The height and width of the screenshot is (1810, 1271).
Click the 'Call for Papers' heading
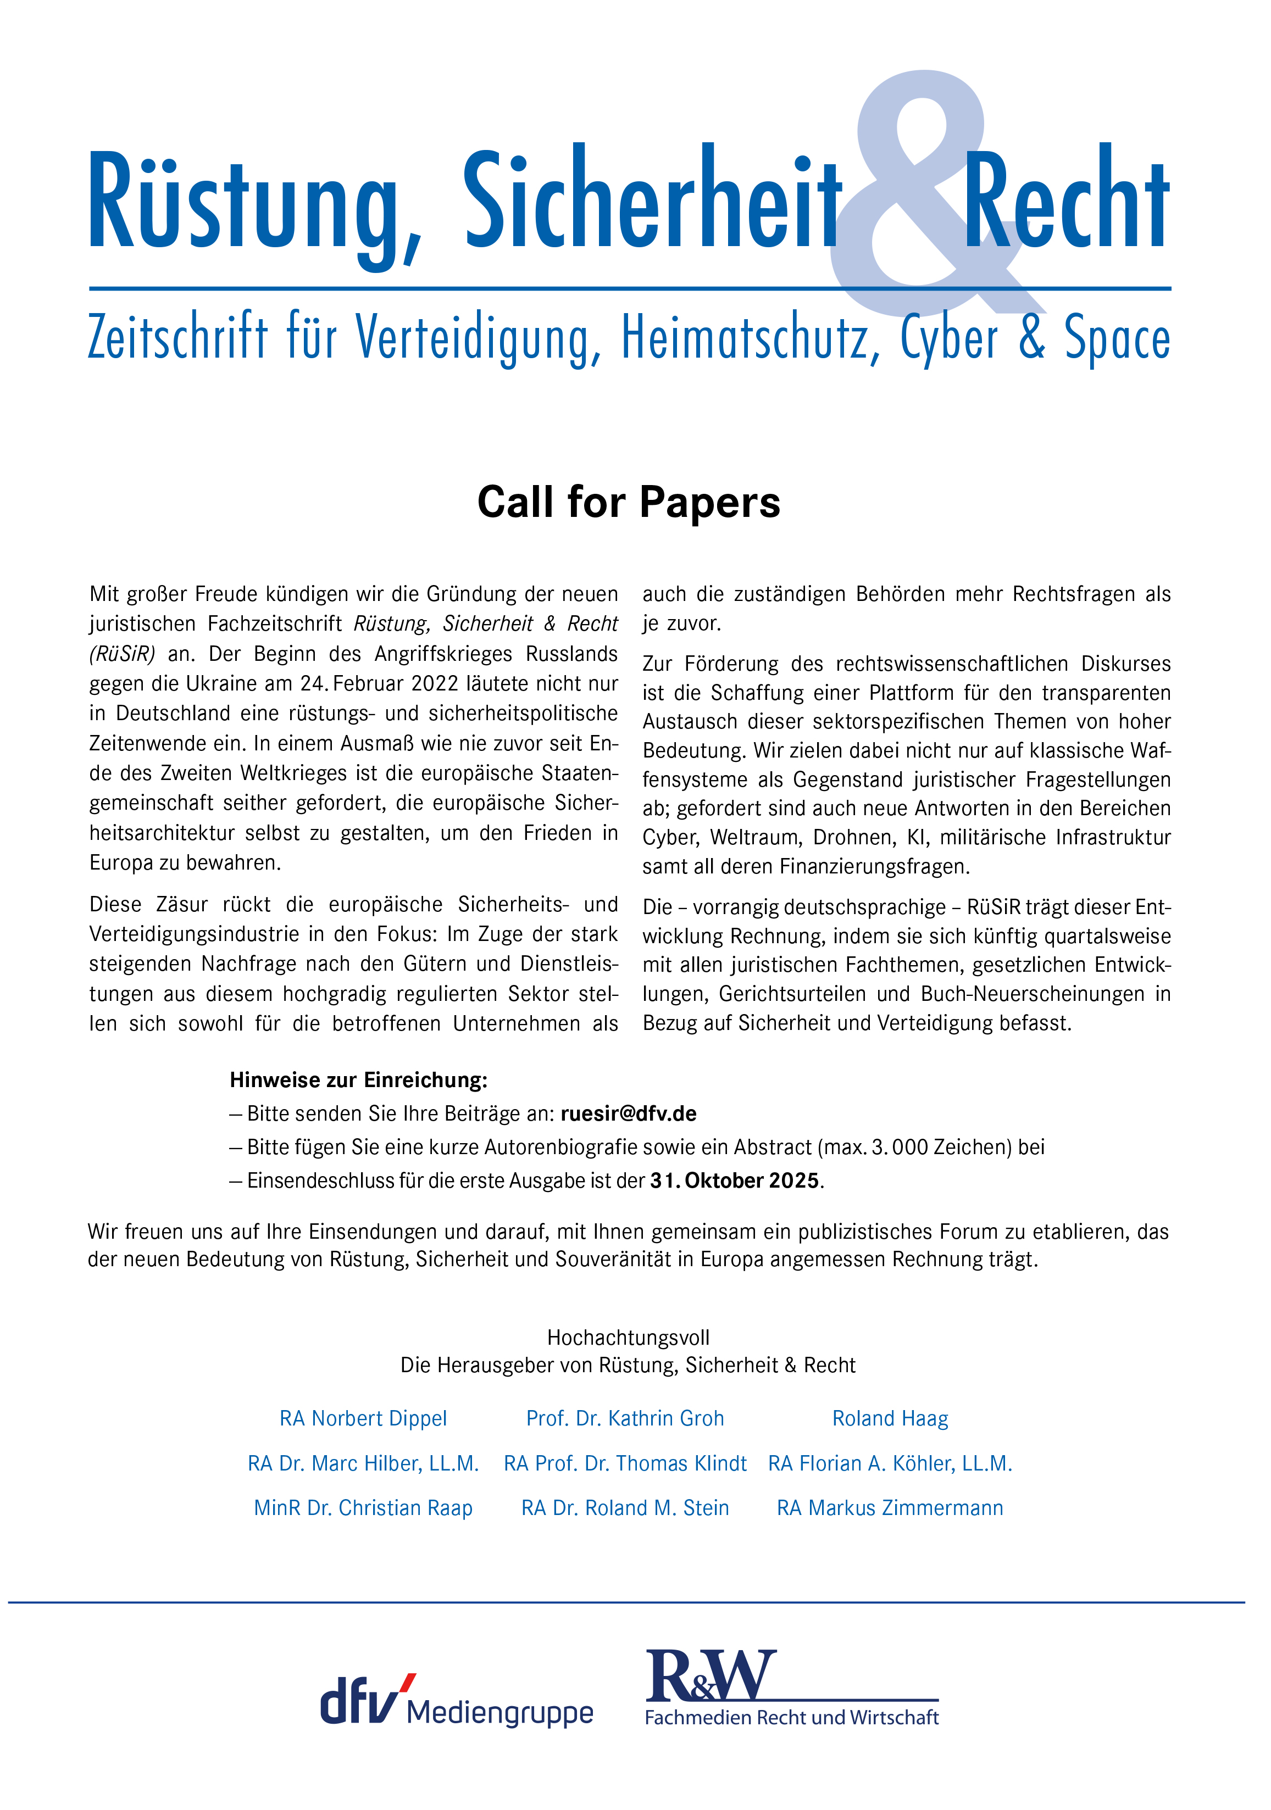629,502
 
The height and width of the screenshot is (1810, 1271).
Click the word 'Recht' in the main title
1066,201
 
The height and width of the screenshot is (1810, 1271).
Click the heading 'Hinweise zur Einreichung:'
359,1080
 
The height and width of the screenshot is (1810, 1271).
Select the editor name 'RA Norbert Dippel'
363,1418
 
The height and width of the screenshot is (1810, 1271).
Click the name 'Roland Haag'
890,1418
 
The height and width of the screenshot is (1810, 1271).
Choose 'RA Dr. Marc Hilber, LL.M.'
363,1463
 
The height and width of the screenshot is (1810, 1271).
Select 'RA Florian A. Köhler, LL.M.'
890,1463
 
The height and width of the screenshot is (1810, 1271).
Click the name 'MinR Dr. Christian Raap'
363,1507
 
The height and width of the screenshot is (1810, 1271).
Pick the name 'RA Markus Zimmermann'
890,1507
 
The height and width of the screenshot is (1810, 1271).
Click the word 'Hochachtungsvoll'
629,1337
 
